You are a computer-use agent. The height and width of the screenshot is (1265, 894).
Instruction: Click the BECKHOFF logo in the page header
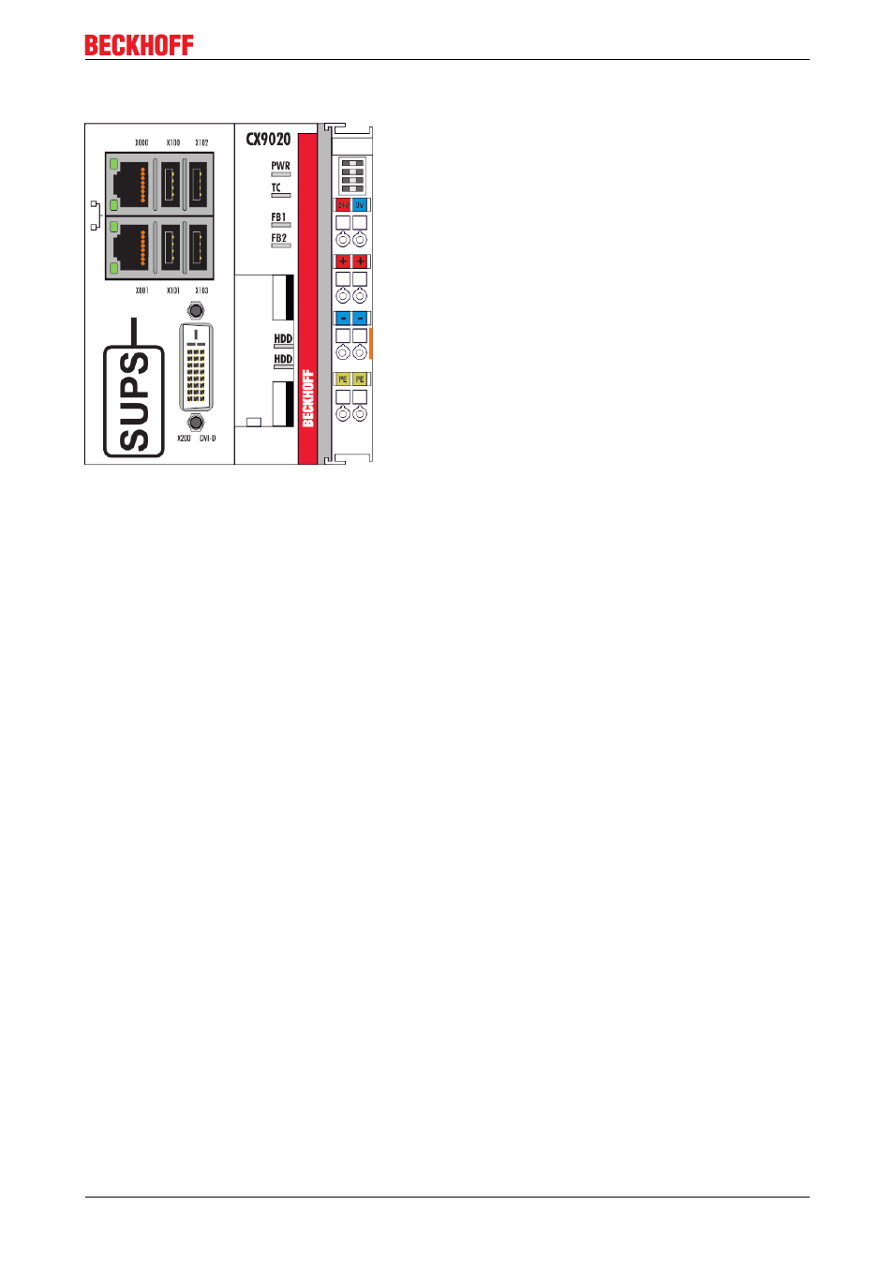click(x=139, y=45)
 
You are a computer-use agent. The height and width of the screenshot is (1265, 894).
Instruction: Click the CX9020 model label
click(x=268, y=140)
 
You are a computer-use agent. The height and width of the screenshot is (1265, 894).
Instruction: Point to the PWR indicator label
click(x=280, y=166)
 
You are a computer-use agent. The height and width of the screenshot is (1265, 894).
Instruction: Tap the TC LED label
click(x=276, y=187)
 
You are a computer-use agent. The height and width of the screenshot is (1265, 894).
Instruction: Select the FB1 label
click(x=278, y=217)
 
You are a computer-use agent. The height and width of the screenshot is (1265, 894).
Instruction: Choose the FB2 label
click(x=278, y=238)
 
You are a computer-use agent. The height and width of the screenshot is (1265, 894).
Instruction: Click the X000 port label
click(x=142, y=143)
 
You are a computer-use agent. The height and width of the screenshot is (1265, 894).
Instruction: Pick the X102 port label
click(x=201, y=143)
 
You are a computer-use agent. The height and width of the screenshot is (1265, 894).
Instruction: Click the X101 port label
click(x=173, y=290)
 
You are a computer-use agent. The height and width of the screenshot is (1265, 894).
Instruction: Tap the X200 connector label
click(x=184, y=439)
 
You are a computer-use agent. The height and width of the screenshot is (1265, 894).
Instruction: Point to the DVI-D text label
click(x=207, y=439)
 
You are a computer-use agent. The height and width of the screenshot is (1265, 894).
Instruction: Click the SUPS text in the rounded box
click(x=134, y=401)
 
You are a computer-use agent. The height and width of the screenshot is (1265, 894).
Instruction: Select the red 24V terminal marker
click(x=343, y=205)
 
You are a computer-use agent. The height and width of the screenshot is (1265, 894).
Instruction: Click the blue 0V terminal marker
click(x=360, y=205)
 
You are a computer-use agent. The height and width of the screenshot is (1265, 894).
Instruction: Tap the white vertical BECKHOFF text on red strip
click(x=307, y=398)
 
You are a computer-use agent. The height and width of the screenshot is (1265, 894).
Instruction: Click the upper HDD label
click(x=283, y=338)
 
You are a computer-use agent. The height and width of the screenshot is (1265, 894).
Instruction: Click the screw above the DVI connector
click(x=196, y=310)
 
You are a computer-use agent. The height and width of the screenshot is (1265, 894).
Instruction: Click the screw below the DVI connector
click(x=196, y=423)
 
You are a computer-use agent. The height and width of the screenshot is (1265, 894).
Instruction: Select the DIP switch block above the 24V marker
click(x=352, y=176)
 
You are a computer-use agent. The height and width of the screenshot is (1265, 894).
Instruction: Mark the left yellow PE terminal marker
click(x=343, y=379)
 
